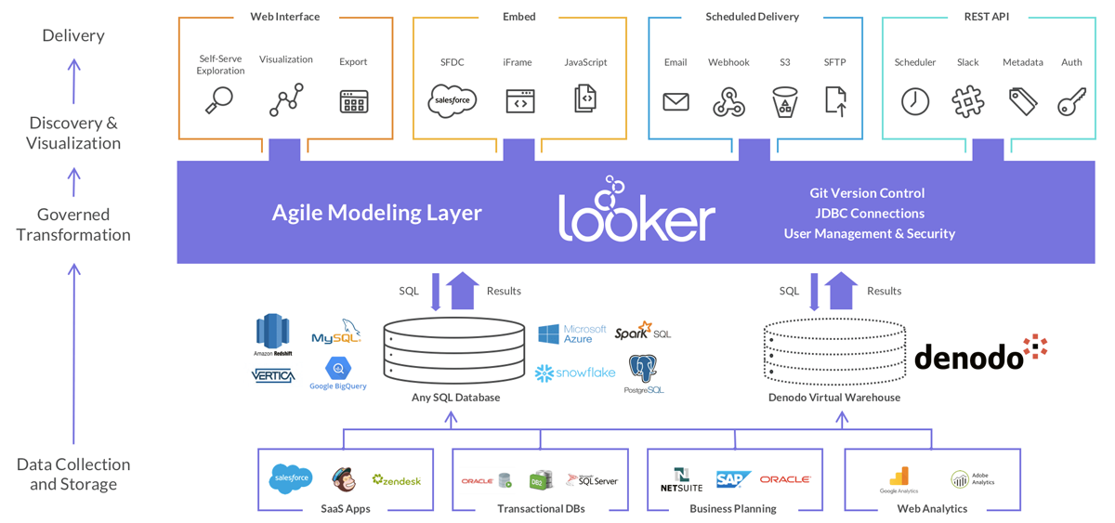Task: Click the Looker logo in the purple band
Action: click(x=636, y=211)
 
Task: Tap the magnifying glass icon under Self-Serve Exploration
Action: click(x=218, y=100)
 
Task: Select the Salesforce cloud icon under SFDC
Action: click(x=452, y=100)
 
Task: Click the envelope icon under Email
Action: click(x=676, y=101)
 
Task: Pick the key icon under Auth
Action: click(x=1071, y=101)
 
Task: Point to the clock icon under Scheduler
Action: click(x=915, y=101)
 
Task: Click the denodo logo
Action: click(x=980, y=354)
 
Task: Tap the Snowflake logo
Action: click(x=575, y=373)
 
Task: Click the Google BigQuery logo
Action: click(x=337, y=373)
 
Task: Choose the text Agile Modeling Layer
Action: click(x=376, y=213)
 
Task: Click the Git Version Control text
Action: click(x=867, y=193)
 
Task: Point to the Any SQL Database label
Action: click(x=455, y=398)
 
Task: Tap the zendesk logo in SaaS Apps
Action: click(x=397, y=480)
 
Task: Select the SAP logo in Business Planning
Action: click(x=733, y=479)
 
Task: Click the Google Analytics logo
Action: click(x=899, y=479)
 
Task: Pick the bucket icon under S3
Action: click(x=784, y=102)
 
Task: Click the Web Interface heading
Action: click(x=284, y=17)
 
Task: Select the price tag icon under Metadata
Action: click(x=1022, y=101)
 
